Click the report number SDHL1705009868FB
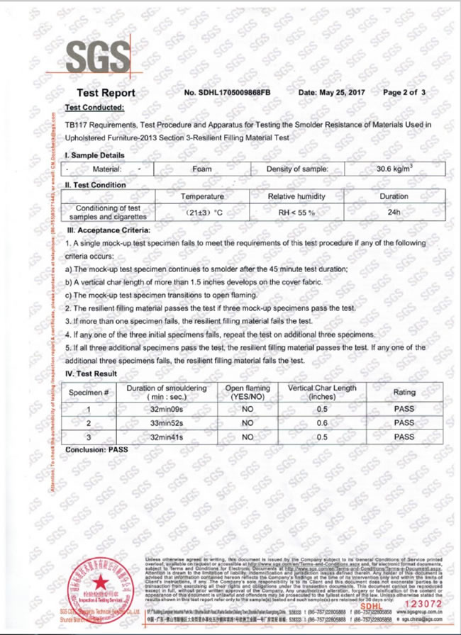227,93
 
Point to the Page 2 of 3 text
404,93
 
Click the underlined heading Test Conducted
94,108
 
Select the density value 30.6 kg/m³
395,169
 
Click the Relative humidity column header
296,196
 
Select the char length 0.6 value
322,423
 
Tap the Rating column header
404,393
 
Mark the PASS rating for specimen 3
404,437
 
